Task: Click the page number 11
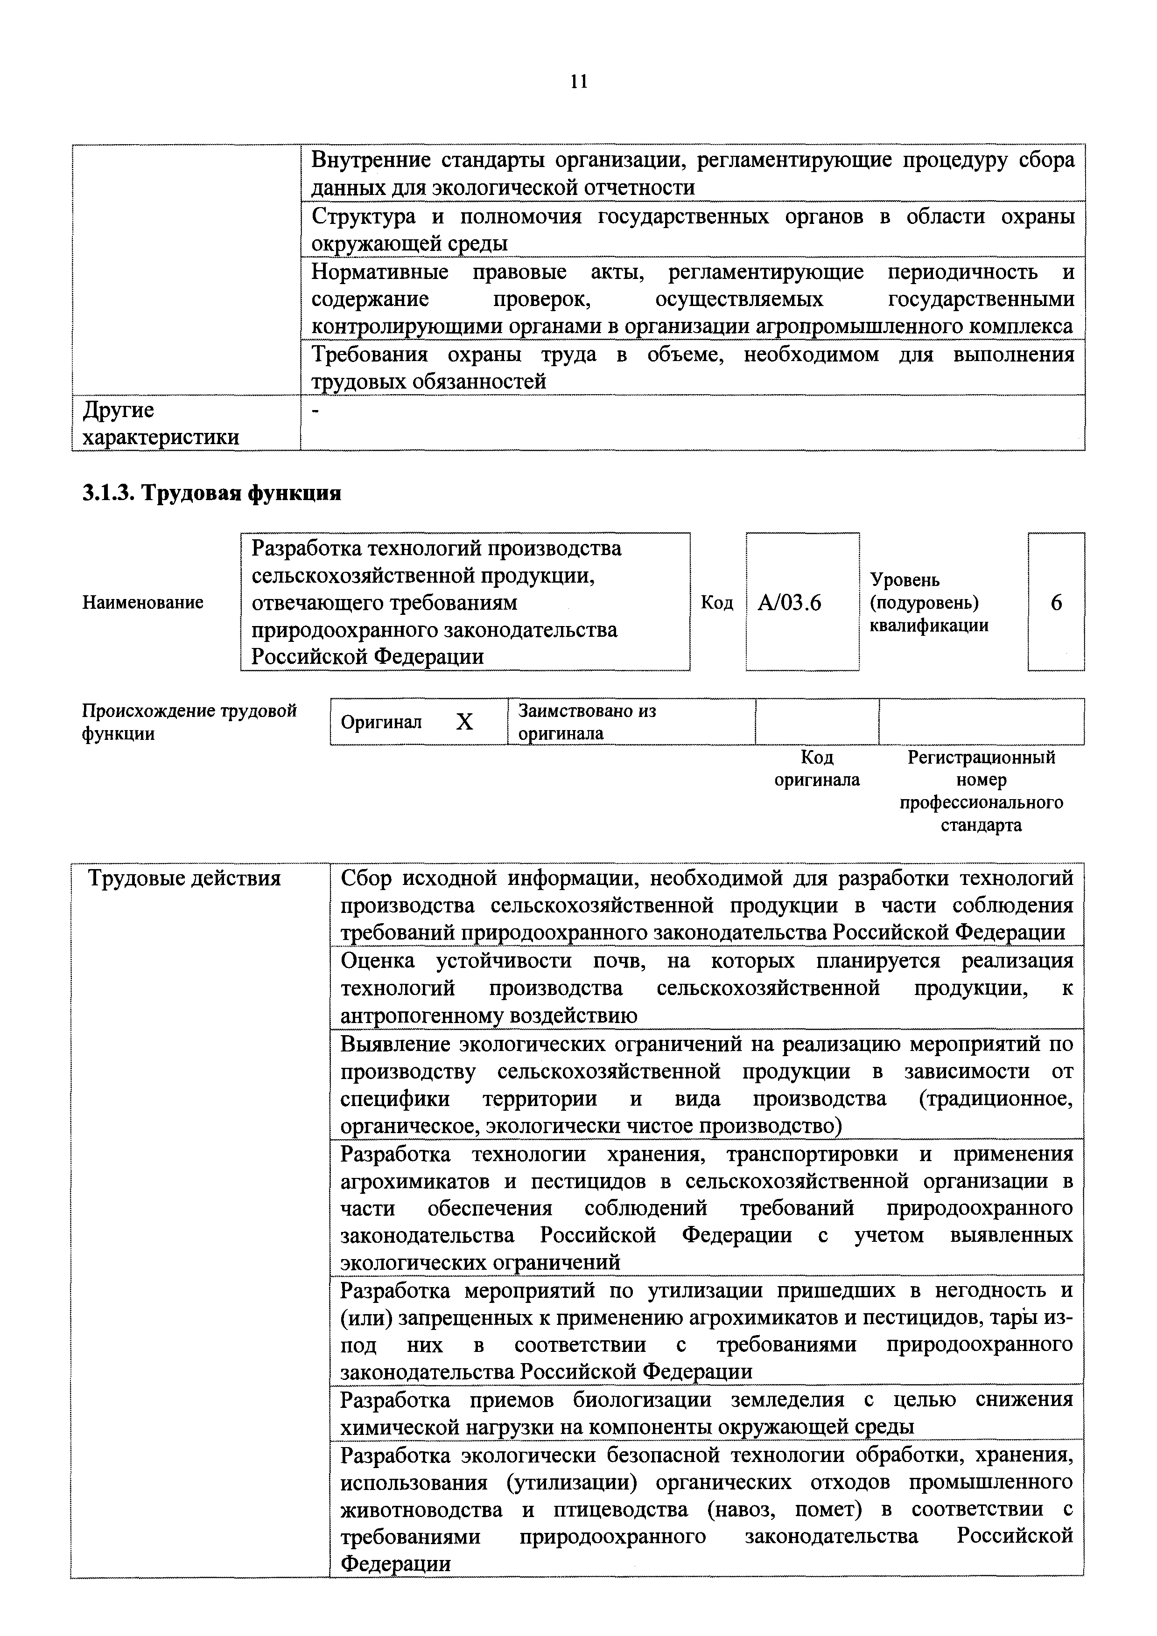click(x=579, y=82)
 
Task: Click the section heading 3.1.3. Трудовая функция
click(x=212, y=493)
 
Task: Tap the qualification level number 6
click(x=1056, y=603)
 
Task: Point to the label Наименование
click(x=142, y=603)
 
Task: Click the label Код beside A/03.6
click(x=716, y=603)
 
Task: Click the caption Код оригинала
click(x=817, y=768)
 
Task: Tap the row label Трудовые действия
click(x=184, y=878)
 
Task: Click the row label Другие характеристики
click(x=161, y=423)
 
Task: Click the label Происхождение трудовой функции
click(x=189, y=722)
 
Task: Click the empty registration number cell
click(x=981, y=722)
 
